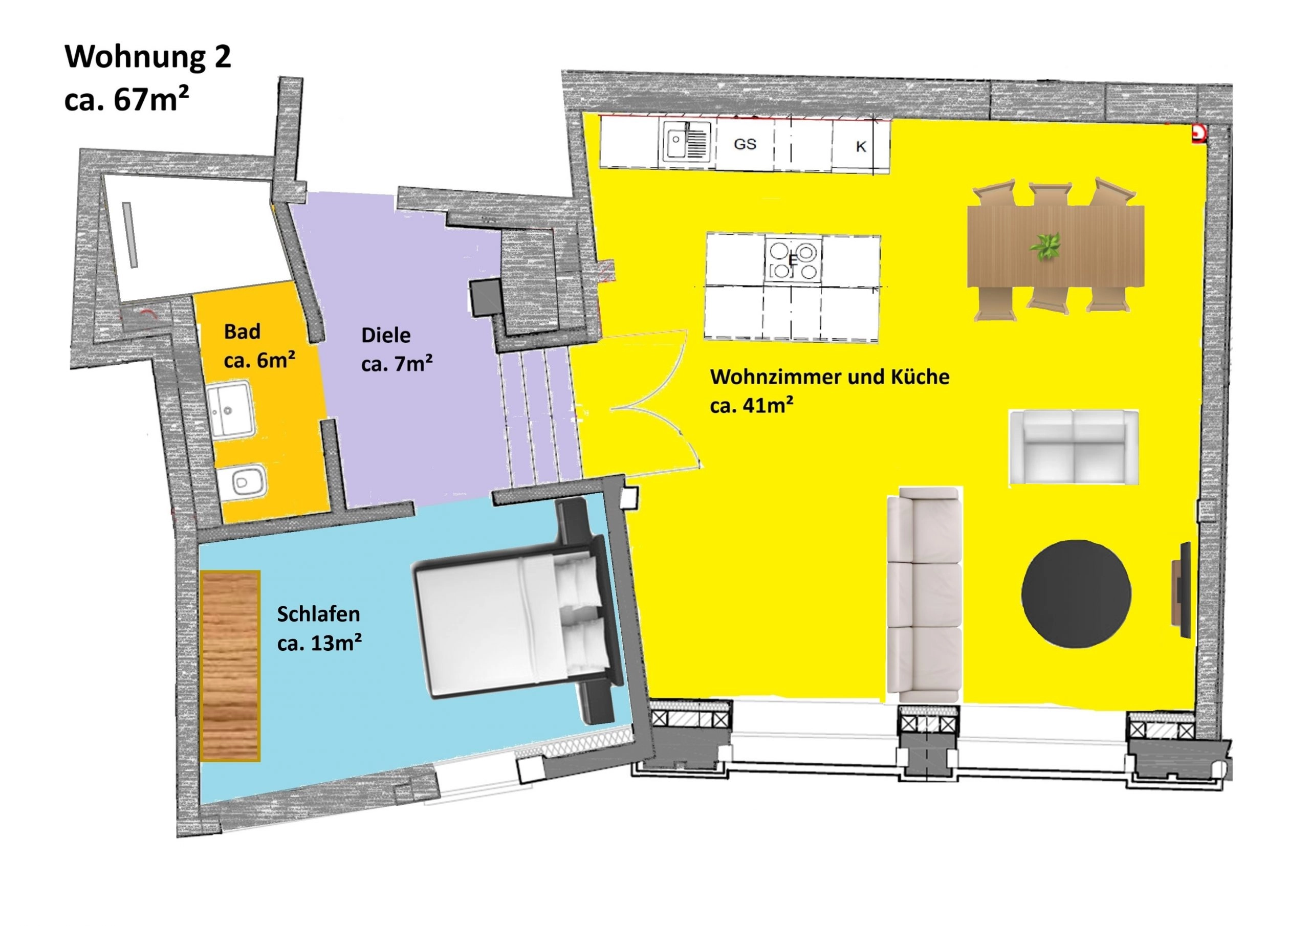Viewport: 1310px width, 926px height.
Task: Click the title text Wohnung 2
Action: [x=148, y=58]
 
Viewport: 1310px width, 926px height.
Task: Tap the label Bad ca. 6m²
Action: [x=259, y=346]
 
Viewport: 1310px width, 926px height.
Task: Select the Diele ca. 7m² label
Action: [x=397, y=349]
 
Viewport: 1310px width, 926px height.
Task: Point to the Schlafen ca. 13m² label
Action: [x=319, y=628]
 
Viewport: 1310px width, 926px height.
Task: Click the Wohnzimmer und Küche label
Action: [x=829, y=377]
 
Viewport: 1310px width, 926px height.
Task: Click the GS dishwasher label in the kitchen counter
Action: [x=745, y=144]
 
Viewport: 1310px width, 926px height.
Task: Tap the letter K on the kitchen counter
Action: [x=861, y=147]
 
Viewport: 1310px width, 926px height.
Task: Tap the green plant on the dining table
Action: [x=1045, y=247]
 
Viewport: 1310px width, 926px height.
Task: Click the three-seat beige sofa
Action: [x=924, y=594]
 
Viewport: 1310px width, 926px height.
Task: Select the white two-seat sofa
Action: [x=1074, y=447]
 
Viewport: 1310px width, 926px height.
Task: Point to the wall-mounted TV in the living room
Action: [x=1181, y=590]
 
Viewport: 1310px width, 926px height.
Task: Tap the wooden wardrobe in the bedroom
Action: [x=230, y=665]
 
